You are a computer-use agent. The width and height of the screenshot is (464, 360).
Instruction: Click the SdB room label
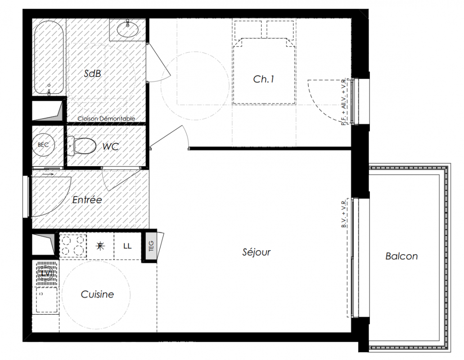[x=92, y=73]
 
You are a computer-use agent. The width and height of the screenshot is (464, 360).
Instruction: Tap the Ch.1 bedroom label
[x=264, y=79]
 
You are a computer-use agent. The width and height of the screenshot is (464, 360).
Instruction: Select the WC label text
[x=110, y=146]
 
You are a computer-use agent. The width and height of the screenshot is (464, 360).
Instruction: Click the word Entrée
[x=87, y=200]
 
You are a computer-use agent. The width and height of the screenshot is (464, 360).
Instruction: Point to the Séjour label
[x=256, y=252]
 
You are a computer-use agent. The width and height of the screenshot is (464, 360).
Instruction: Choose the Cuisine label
[x=97, y=294]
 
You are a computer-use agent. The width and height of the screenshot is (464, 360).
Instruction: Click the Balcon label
[x=401, y=256]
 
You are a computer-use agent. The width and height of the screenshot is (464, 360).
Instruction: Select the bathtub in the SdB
[x=49, y=58]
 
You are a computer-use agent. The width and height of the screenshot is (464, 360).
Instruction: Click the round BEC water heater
[x=43, y=145]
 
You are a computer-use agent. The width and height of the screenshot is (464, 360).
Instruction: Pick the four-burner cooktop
[x=73, y=245]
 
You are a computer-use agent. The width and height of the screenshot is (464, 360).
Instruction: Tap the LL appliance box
[x=127, y=246]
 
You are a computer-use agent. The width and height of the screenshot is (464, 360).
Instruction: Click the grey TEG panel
[x=151, y=246]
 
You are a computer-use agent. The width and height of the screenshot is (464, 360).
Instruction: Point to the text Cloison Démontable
[x=106, y=119]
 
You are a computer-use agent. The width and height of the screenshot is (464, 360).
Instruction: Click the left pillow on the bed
[x=248, y=29]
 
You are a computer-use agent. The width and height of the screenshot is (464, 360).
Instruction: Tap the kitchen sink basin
[x=47, y=300]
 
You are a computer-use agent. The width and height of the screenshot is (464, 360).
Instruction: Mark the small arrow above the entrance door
[x=48, y=175]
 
